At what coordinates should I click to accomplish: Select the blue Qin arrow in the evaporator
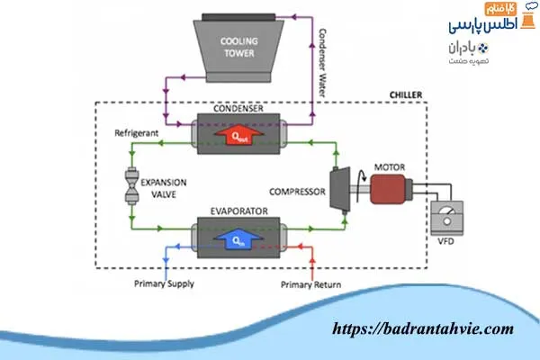click(238, 238)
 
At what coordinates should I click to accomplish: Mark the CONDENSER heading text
click(238, 111)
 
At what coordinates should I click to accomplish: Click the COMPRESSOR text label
click(297, 190)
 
